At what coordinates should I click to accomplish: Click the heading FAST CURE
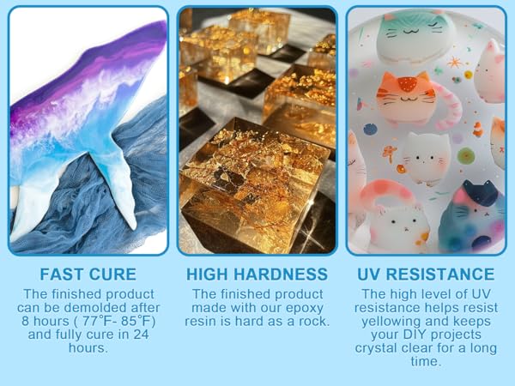point(88,274)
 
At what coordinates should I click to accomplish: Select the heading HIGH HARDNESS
point(257,274)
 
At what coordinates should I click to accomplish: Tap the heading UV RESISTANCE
point(427,274)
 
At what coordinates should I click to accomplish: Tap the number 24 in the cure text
point(148,335)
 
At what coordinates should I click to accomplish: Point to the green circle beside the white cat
point(467,155)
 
